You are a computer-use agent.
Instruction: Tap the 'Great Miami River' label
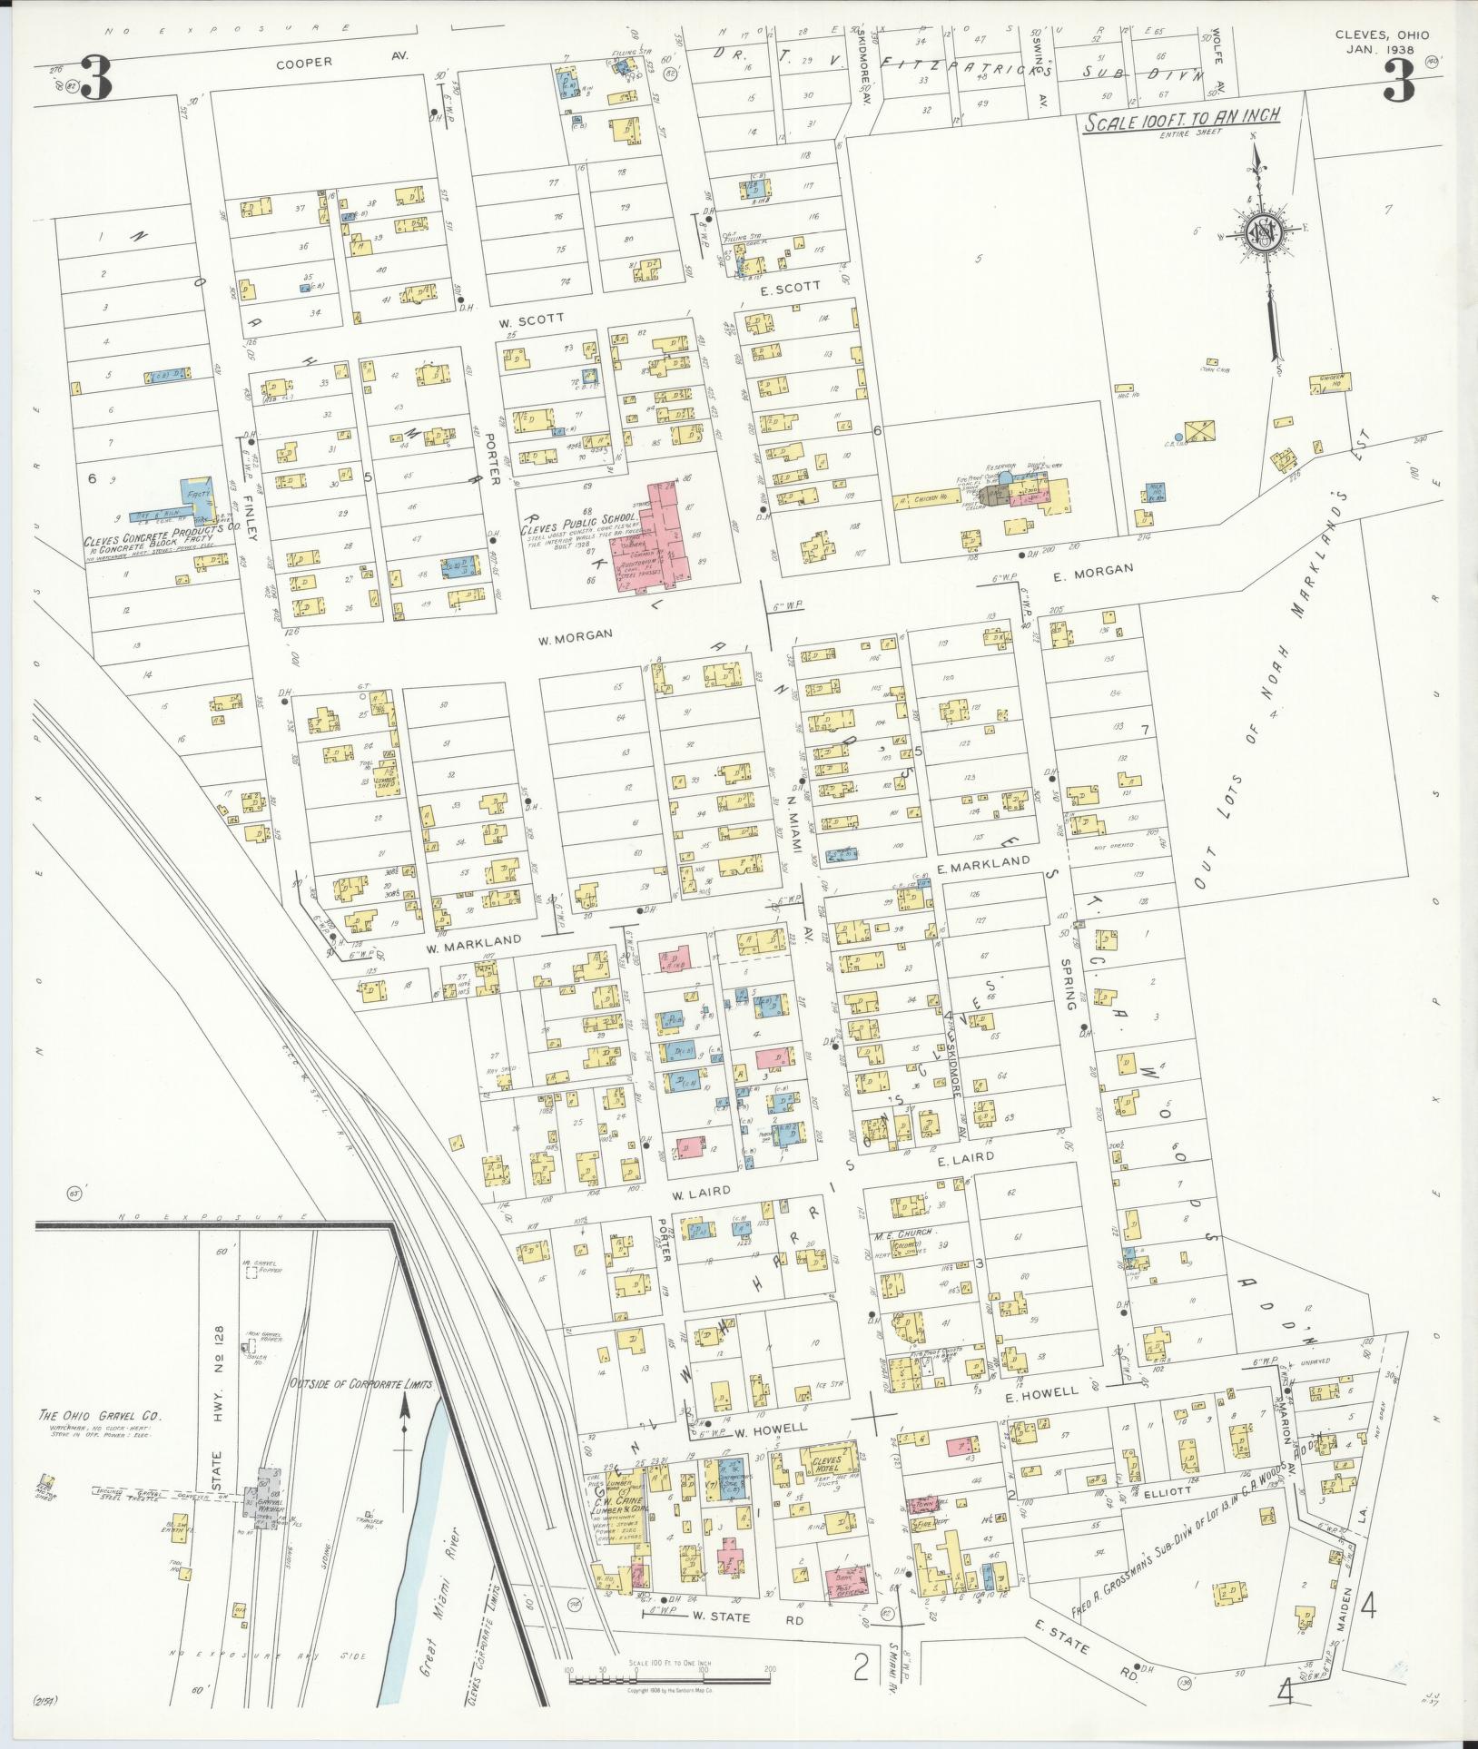click(438, 1577)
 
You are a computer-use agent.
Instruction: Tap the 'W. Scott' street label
click(531, 319)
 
